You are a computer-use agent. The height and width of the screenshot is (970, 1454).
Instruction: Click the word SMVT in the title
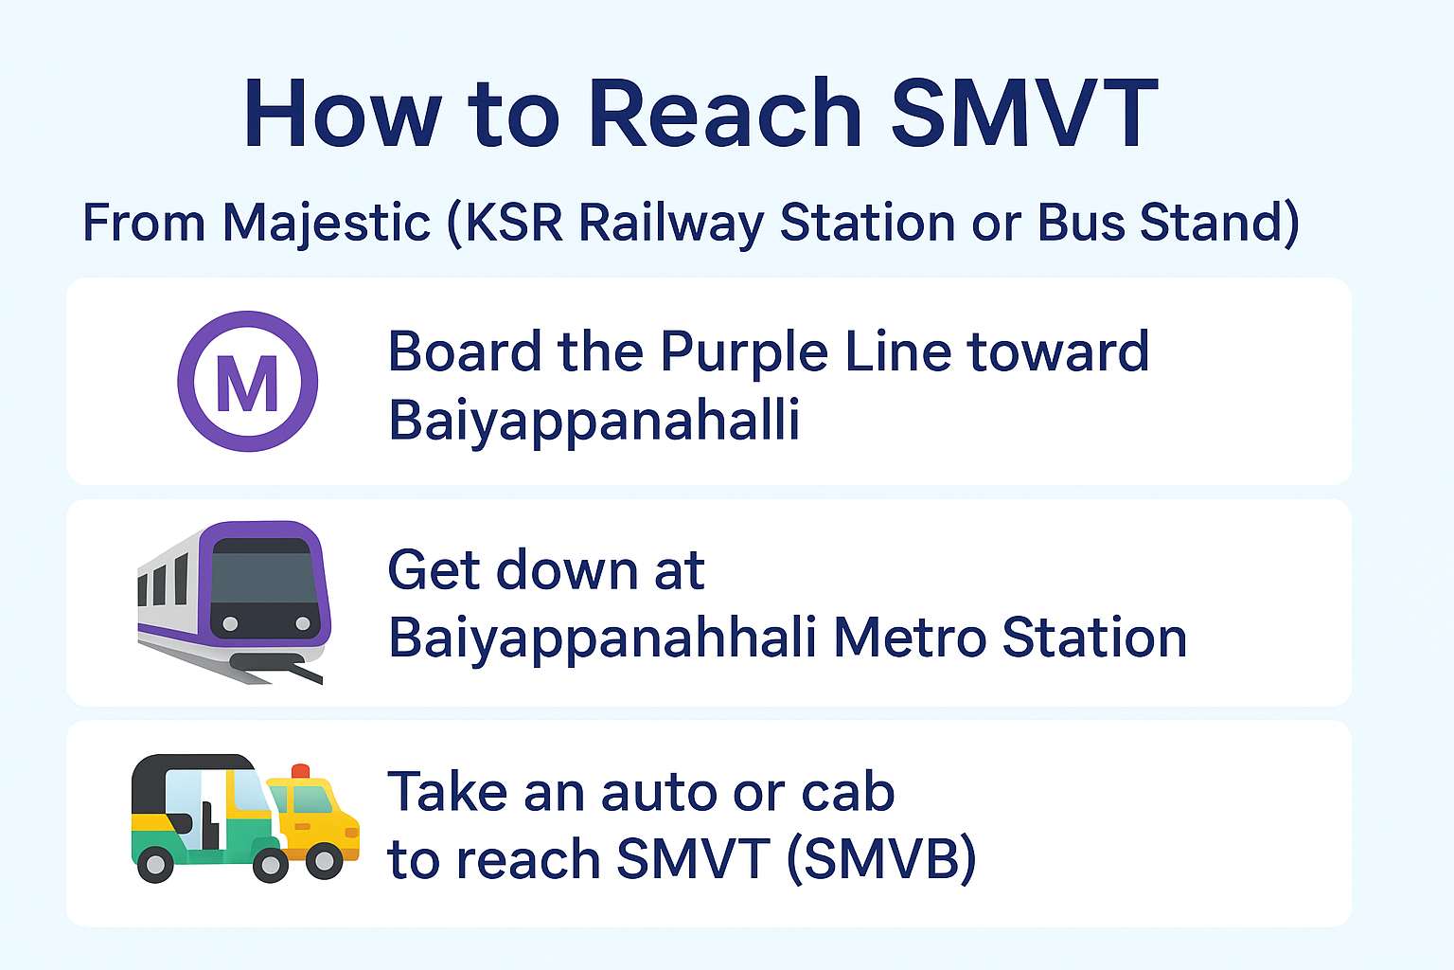[x=1024, y=114]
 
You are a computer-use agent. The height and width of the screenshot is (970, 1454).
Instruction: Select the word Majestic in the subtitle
[x=327, y=224]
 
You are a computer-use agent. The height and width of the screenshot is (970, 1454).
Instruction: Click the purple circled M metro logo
[x=248, y=381]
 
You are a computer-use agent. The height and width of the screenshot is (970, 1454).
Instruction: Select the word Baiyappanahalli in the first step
[x=594, y=419]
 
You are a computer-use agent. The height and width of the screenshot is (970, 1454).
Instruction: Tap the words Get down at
[x=546, y=570]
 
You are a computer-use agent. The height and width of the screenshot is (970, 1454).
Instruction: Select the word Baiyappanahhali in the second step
[x=603, y=638]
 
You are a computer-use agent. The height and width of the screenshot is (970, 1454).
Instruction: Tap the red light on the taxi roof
[x=301, y=771]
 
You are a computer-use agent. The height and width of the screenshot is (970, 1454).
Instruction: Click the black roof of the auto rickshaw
[x=189, y=765]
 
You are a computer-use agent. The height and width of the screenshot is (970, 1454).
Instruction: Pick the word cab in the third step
[x=848, y=792]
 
